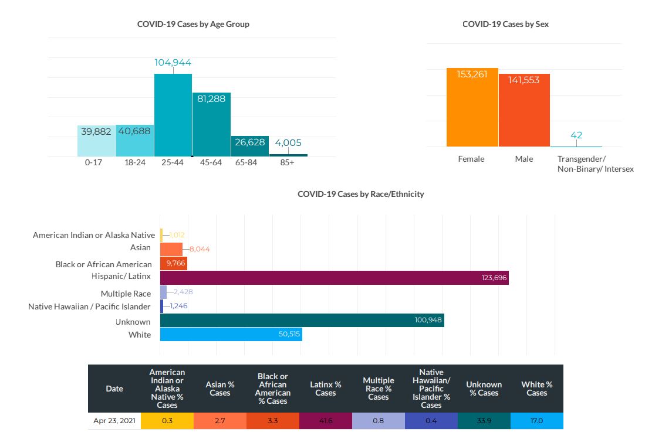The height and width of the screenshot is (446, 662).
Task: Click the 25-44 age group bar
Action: tap(173, 115)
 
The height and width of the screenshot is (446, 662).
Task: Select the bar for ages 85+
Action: tap(288, 155)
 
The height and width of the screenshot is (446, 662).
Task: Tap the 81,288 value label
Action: tap(211, 99)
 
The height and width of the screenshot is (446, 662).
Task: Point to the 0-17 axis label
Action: tap(94, 162)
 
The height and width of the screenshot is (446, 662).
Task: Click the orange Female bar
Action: tap(472, 107)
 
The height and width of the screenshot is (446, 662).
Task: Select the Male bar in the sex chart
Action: tap(524, 110)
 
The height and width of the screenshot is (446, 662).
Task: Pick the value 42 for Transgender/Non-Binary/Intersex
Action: tap(576, 135)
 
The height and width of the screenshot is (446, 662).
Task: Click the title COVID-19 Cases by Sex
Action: tap(505, 24)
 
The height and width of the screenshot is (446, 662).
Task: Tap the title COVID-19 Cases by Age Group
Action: tap(193, 24)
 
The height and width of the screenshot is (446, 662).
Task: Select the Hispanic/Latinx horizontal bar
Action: tap(334, 278)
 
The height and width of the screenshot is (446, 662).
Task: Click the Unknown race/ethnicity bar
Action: tap(302, 320)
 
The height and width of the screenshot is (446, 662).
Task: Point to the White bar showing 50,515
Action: tap(231, 334)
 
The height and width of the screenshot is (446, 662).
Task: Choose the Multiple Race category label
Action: tap(126, 294)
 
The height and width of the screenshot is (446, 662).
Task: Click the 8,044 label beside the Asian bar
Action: tap(200, 249)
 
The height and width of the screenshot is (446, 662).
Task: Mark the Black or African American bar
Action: tap(173, 263)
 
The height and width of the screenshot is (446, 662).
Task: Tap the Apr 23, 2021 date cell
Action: tap(114, 421)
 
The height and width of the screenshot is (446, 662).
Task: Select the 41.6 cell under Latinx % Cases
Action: tap(325, 421)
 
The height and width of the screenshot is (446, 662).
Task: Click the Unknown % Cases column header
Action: tap(484, 389)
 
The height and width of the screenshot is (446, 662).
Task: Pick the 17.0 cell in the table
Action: tap(536, 421)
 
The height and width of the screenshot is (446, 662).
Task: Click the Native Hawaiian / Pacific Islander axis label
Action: tap(89, 307)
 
